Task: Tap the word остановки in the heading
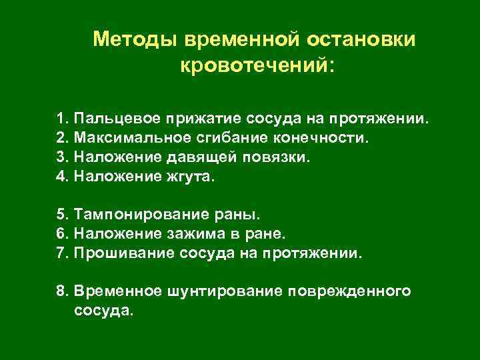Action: tap(361, 39)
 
